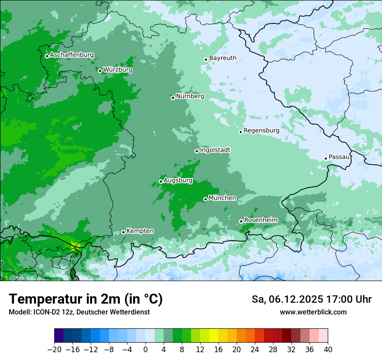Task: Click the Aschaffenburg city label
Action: pos(72,55)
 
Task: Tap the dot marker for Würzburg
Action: pos(100,71)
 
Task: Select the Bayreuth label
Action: pos(223,58)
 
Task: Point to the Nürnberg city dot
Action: pos(173,98)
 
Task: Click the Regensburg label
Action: pos(261,130)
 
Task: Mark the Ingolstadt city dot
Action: pos(197,151)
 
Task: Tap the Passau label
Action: pos(339,157)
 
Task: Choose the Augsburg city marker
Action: pos(161,181)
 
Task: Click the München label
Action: pos(222,198)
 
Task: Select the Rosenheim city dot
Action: pos(241,221)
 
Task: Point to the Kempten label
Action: pos(140,231)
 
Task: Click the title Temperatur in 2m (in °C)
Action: pos(86,299)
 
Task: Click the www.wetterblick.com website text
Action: pos(313,312)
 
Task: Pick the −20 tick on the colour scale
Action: pos(54,349)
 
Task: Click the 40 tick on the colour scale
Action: pos(328,349)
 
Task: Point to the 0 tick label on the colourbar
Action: pos(145,349)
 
